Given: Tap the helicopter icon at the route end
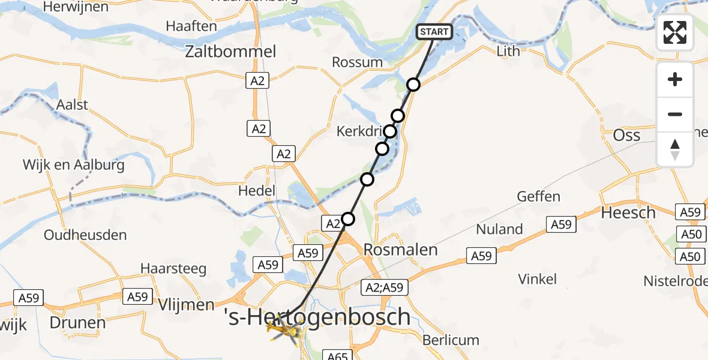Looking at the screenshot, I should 284,329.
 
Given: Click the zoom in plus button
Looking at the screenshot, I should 675,79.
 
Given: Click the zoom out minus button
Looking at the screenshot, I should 675,114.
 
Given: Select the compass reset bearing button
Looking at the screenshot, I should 675,149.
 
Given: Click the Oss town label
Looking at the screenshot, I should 627,135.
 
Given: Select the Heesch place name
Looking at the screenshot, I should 628,213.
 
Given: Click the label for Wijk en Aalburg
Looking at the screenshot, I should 73,164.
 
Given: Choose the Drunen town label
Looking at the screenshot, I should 77,323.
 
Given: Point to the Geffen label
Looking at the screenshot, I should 539,196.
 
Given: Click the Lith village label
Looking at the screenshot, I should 508,52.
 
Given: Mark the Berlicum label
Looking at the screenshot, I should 451,340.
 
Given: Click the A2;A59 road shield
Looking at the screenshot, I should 384,288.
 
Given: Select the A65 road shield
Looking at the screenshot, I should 338,355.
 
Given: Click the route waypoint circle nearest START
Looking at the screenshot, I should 413,85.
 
